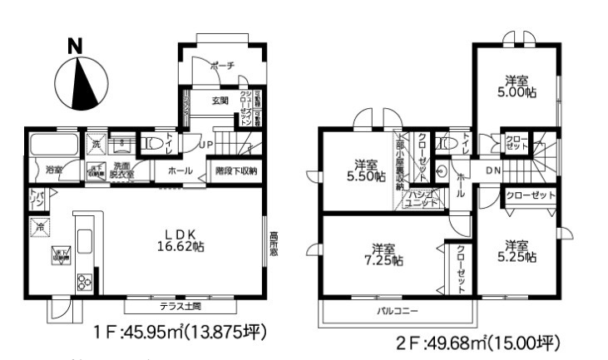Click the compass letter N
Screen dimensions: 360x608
75,47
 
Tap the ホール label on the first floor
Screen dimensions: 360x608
180,170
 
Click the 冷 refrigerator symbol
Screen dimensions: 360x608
39,225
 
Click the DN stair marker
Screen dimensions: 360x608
492,171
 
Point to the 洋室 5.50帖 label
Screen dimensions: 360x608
369,170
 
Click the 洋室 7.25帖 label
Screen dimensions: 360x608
383,254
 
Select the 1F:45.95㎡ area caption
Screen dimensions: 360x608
181,333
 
